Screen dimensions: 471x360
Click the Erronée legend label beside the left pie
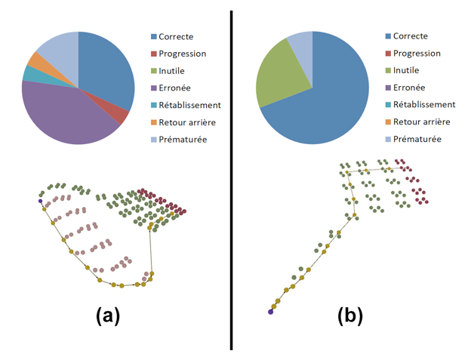pyautogui.click(x=174, y=88)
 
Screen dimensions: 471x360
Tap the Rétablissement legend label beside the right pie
pyautogui.click(x=424, y=104)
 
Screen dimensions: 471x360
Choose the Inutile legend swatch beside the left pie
pyautogui.click(x=154, y=71)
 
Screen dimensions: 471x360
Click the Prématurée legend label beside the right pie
pyautogui.click(x=417, y=139)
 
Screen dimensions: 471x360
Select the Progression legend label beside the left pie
pyautogui.click(x=183, y=54)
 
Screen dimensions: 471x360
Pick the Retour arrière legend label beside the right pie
pyautogui.click(x=422, y=122)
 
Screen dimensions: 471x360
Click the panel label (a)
pyautogui.click(x=108, y=316)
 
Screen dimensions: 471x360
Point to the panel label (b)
pyautogui.click(x=350, y=316)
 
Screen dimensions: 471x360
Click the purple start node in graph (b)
pyautogui.click(x=271, y=312)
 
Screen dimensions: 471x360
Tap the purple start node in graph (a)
pyautogui.click(x=40, y=201)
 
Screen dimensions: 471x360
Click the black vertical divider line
pyautogui.click(x=231, y=180)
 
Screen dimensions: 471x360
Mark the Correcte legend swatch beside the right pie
pyautogui.click(x=388, y=36)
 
